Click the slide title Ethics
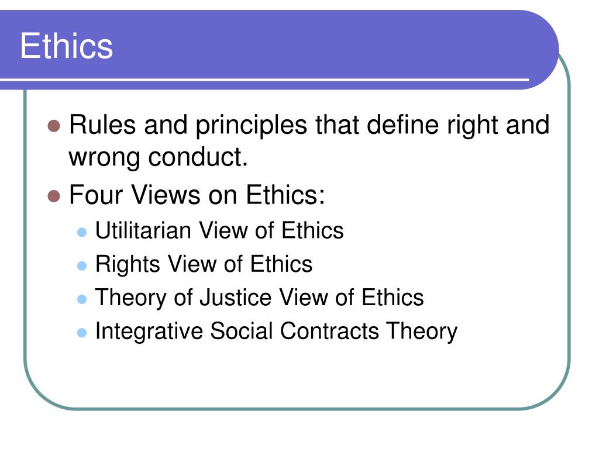pos(67,46)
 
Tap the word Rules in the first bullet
pos(102,125)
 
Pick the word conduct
pos(198,157)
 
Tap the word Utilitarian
pos(143,230)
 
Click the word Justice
pos(235,298)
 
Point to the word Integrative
pos(149,332)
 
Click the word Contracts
pos(329,331)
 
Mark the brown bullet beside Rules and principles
pos(54,126)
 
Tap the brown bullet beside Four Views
pos(54,196)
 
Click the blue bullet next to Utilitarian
pos(82,232)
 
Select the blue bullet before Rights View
pos(82,266)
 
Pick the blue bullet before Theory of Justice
pos(82,299)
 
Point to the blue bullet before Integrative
pos(82,333)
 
